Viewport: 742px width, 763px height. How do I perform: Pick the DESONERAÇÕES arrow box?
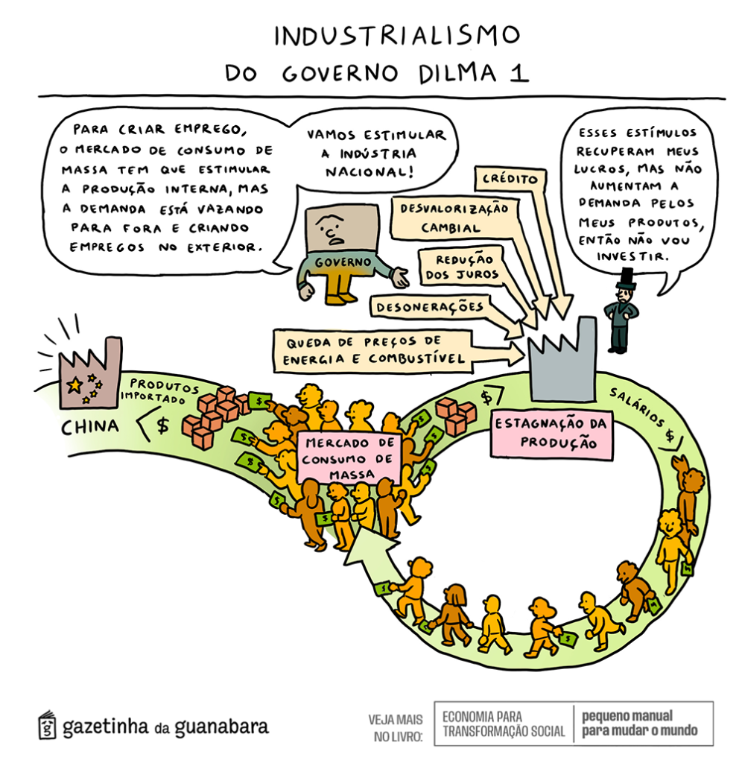click(x=430, y=306)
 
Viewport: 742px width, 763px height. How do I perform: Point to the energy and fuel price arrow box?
click(x=372, y=351)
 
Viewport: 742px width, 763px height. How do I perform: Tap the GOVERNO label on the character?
click(x=342, y=262)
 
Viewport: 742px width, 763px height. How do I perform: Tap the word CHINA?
click(x=89, y=427)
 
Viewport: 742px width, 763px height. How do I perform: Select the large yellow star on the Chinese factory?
click(x=74, y=384)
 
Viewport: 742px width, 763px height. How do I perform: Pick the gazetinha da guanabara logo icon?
click(x=47, y=724)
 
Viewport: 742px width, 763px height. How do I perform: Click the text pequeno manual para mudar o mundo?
click(x=639, y=722)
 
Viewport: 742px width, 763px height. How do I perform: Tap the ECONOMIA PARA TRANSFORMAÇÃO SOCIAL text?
click(x=504, y=723)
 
